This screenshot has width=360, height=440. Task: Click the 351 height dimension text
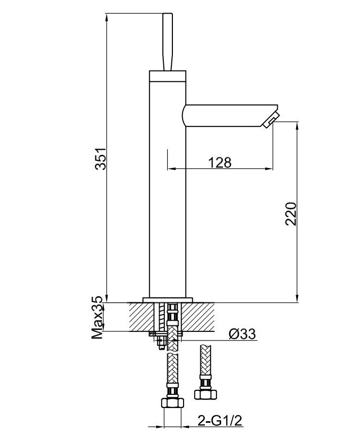(101, 159)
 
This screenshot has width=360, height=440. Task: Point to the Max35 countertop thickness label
(98, 318)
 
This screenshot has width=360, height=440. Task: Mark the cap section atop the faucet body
(168, 76)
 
